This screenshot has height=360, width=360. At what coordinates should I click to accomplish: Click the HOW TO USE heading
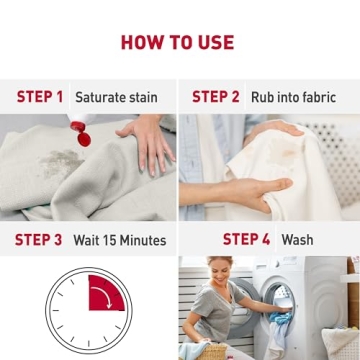177,42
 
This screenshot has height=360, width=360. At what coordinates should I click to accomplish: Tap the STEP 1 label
40,97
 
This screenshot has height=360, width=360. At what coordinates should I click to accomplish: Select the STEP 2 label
216,97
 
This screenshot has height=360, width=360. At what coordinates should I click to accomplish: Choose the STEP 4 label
246,240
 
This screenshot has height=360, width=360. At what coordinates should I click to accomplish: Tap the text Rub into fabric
293,98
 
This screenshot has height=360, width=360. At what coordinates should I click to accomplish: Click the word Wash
297,241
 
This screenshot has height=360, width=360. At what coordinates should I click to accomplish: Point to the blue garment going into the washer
282,318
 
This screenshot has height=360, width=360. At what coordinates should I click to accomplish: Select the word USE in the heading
214,42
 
